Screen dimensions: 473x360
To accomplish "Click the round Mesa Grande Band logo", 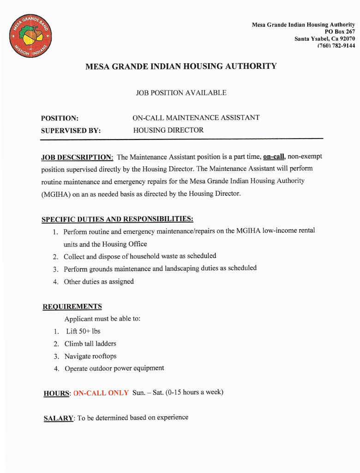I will point(31,36).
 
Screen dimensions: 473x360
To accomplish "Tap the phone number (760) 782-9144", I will point(336,46).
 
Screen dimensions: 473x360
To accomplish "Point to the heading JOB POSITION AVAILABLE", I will point(181,93).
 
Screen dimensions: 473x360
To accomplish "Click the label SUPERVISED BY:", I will point(71,131).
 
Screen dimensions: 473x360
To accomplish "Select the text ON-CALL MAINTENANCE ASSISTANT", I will point(196,118).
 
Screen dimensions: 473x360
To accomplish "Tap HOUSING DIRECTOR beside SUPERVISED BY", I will point(168,130).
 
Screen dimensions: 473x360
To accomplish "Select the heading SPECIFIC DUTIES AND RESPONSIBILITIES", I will point(117,219).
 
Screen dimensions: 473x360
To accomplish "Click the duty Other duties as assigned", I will point(99,281).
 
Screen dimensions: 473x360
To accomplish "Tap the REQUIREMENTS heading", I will point(72,307).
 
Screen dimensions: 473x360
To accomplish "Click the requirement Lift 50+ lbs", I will point(83,331).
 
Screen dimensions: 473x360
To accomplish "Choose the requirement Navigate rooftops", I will point(90,356).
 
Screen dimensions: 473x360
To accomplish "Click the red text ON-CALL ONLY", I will point(101,393).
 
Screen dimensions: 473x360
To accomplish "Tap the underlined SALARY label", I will point(58,418).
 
